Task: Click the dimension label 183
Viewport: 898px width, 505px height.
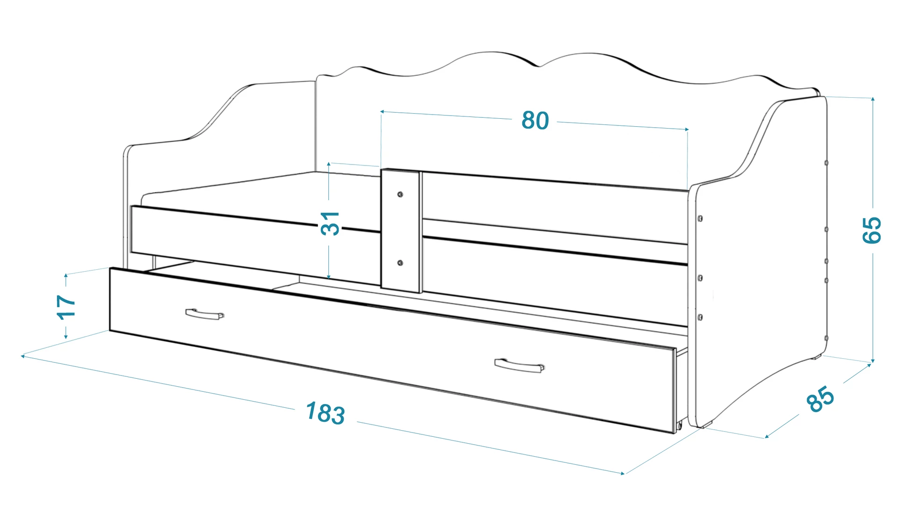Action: (326, 413)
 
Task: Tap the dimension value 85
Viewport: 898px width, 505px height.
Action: (820, 399)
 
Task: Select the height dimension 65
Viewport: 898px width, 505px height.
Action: (872, 230)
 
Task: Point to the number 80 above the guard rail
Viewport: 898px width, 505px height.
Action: (535, 120)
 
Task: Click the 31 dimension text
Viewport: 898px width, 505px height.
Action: (330, 223)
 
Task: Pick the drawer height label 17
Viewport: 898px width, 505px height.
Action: (66, 307)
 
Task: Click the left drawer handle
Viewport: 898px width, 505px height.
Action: (204, 314)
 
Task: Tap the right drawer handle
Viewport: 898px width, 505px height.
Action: (519, 365)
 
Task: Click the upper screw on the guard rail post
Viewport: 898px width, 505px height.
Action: (400, 194)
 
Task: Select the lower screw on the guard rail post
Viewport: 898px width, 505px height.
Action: (400, 263)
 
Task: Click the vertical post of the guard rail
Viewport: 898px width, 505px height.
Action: (401, 231)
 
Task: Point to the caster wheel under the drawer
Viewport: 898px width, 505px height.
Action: (679, 426)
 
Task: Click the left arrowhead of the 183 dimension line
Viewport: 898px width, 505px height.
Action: (23, 356)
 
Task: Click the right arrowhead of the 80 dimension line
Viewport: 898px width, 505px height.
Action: (686, 129)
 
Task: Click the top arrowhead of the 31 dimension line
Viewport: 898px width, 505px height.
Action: (329, 165)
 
